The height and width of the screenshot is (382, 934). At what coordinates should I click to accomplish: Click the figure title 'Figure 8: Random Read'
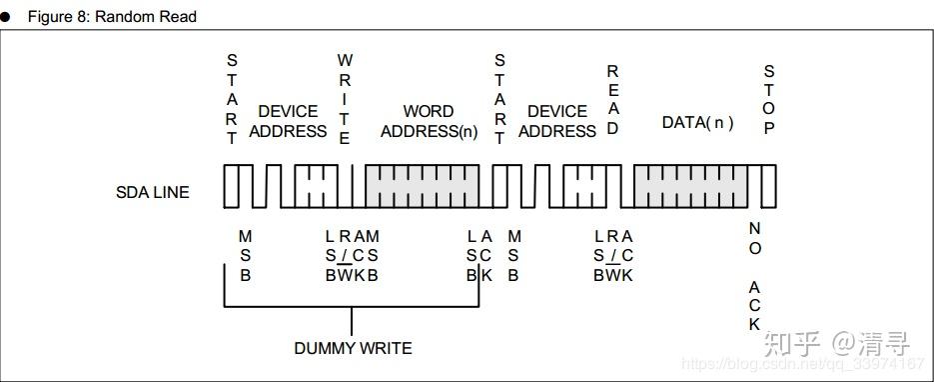(x=112, y=17)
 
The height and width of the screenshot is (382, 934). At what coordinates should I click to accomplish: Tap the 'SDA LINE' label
(x=152, y=192)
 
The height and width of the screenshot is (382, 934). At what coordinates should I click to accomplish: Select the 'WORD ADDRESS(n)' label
(x=429, y=121)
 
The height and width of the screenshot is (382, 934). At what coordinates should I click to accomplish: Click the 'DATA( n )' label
(x=697, y=122)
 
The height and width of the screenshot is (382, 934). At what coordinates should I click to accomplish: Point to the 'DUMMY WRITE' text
(x=353, y=348)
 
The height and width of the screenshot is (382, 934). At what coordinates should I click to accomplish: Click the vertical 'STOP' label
(x=769, y=100)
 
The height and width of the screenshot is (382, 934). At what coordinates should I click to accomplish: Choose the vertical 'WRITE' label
(x=345, y=100)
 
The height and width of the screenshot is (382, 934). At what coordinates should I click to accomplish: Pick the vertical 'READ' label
(x=613, y=100)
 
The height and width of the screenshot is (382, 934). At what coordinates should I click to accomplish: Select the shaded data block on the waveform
(x=690, y=187)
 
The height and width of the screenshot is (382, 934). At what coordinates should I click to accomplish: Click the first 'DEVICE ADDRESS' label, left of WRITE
(x=288, y=121)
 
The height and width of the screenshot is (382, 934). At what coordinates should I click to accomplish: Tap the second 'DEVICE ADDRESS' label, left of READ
(x=556, y=121)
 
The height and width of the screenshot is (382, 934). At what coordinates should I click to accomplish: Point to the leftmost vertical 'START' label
(x=232, y=100)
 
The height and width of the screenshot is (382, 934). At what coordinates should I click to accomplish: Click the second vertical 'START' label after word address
(x=500, y=100)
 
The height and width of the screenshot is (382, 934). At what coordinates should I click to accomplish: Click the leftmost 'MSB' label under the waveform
(x=245, y=255)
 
